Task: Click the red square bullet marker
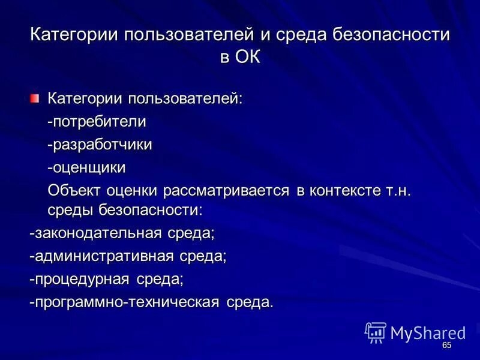(35, 98)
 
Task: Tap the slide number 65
(446, 346)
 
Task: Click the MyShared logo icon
(376, 332)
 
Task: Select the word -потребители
(97, 121)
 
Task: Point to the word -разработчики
(100, 145)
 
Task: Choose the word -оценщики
(87, 167)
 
